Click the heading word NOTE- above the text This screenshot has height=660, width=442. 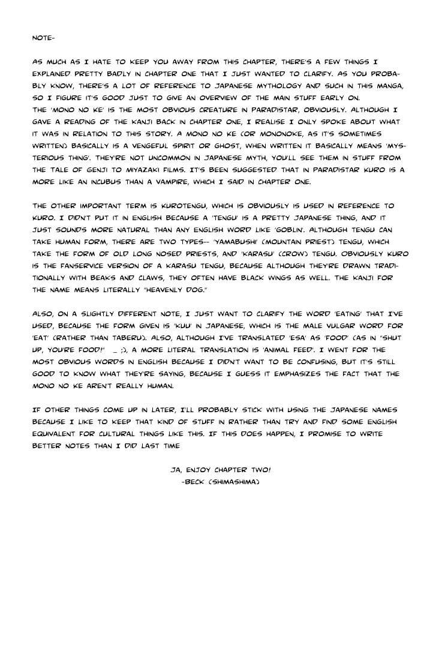pyautogui.click(x=43, y=38)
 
